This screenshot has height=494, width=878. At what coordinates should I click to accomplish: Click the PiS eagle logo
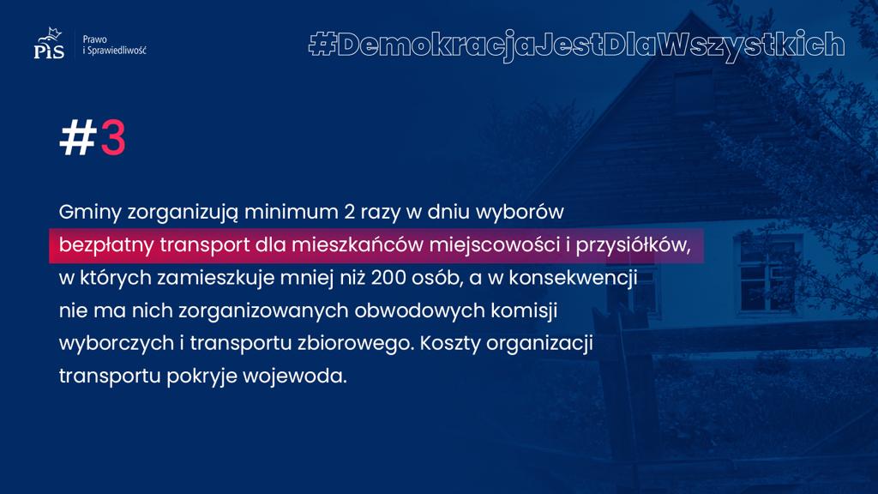point(49,43)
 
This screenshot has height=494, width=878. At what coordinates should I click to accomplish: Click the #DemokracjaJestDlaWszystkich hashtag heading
point(577,45)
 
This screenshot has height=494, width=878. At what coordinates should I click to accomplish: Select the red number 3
point(113,137)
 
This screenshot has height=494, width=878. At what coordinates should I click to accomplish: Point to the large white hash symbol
point(78,137)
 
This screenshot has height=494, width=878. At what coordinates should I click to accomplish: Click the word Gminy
point(90,213)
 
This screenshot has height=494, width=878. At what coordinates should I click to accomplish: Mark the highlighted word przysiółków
point(633,244)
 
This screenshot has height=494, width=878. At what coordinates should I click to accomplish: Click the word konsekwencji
point(573,277)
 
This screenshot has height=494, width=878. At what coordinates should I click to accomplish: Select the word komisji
point(524,310)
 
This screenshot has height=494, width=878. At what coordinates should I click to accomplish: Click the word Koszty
point(450,343)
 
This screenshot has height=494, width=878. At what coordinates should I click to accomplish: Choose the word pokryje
point(202,376)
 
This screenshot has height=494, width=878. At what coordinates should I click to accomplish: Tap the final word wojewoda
point(295,376)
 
